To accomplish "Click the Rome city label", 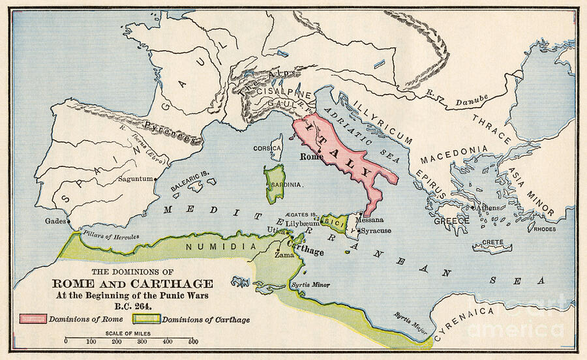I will coord(312,157).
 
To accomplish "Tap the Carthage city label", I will coord(305,251).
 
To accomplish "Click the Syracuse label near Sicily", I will coord(376,231).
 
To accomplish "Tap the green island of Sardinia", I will coord(275,183).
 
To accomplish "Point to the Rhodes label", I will coord(545,229).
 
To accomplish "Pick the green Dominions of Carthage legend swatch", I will coord(147,319).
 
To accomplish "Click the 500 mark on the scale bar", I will coord(193,342).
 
